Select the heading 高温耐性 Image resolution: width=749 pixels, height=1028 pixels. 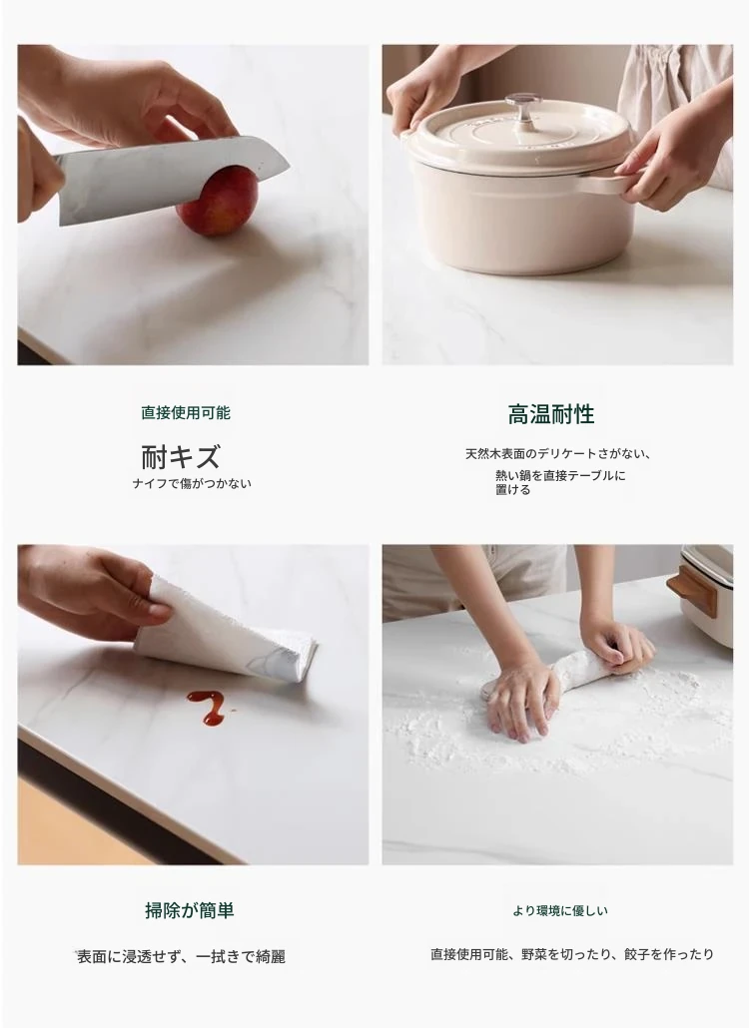551,414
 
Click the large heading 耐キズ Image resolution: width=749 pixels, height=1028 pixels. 181,456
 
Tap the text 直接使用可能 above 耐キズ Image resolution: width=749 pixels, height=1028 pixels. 186,413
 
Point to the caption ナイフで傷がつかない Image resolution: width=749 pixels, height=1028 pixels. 192,484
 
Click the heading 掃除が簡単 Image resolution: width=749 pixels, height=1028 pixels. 190,910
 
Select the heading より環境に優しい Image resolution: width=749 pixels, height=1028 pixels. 560,910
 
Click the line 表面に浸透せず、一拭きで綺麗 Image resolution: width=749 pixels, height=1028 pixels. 181,957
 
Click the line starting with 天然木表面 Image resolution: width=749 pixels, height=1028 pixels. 557,454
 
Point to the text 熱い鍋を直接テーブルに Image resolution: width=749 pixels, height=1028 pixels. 561,475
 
